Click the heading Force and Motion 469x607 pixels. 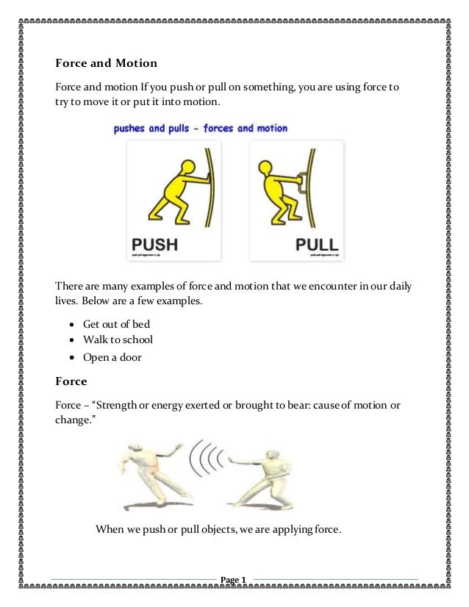point(107,63)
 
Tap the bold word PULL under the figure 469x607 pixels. point(316,244)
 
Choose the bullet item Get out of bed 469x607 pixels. point(116,324)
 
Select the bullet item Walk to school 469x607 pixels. point(118,341)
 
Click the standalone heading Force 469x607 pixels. point(71,381)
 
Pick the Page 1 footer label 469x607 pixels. point(234,580)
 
